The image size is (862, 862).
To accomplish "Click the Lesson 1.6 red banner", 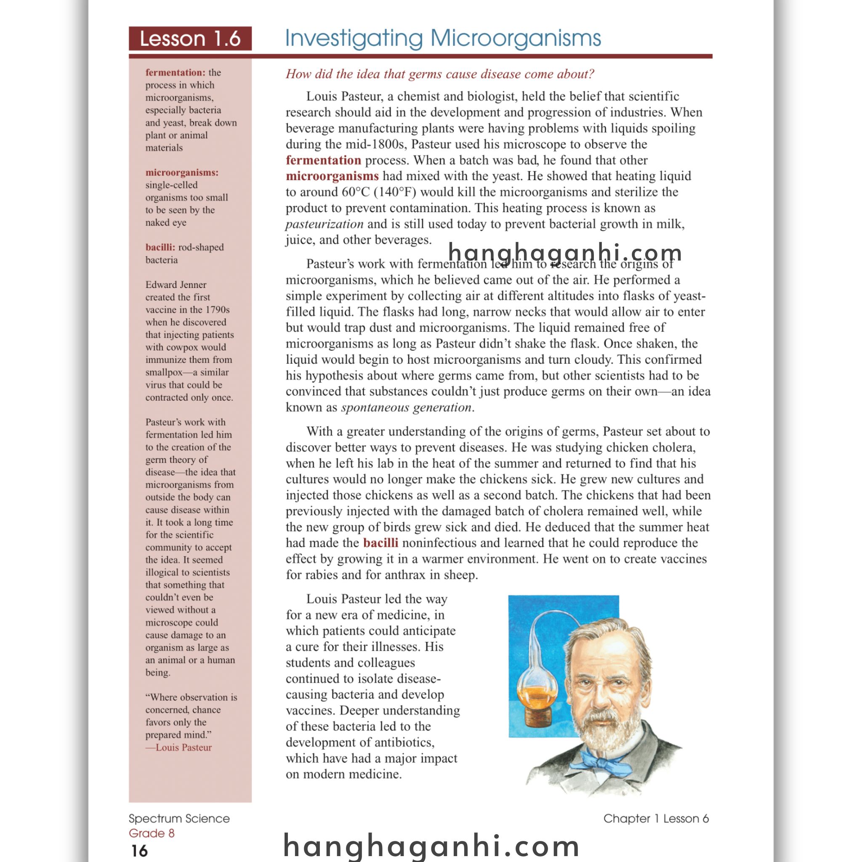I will pos(190,38).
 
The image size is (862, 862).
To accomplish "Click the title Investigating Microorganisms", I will pos(443,38).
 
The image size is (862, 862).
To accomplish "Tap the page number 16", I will pos(139,851).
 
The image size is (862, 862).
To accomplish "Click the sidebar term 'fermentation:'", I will pos(176,72).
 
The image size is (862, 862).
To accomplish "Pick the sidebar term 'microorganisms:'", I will pos(182,172).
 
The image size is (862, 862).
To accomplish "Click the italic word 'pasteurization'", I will pos(325,224).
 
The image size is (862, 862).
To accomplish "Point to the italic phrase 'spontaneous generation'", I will pos(406,407).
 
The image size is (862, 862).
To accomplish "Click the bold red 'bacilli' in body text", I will pos(380,543).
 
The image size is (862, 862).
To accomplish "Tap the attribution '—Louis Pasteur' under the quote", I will pos(178,748).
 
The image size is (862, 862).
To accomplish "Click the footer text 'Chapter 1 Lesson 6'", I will pos(656,818).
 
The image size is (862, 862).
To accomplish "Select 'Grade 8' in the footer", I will pos(152,833).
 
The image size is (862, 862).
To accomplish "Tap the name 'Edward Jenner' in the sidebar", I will pos(176,285).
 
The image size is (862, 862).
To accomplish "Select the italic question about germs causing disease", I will pos(440,74).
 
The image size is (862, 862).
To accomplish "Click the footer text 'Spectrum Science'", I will pos(179,818).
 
